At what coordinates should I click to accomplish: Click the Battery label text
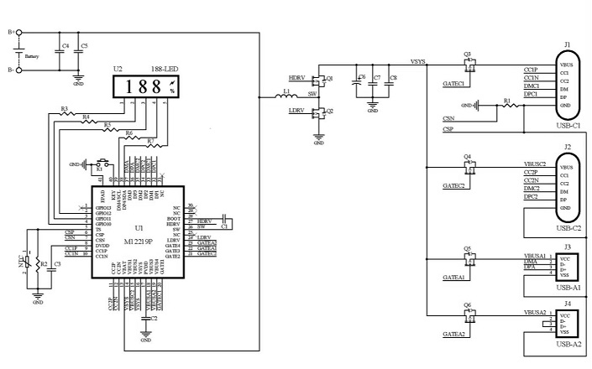32,56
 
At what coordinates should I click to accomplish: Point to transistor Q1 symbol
321,80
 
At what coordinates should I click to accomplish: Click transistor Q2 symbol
321,112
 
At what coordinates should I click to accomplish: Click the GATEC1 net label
454,84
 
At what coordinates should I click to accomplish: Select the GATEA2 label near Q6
454,334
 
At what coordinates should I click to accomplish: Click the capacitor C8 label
394,77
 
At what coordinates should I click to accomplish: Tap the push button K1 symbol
102,163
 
